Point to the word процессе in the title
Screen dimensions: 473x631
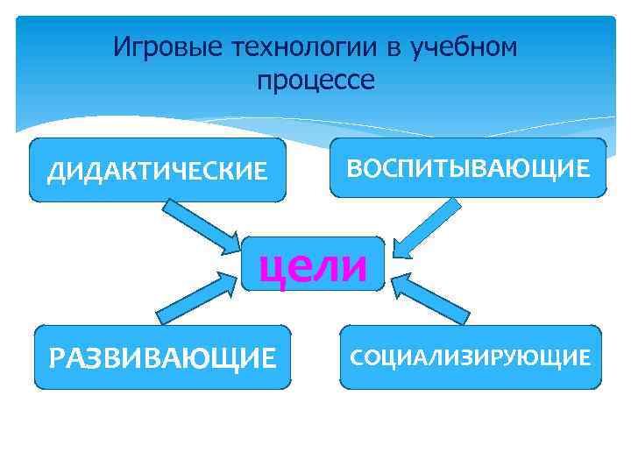pyautogui.click(x=315, y=81)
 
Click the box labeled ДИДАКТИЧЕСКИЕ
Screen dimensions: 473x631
pyautogui.click(x=158, y=170)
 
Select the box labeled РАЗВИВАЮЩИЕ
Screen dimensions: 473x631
pyautogui.click(x=162, y=357)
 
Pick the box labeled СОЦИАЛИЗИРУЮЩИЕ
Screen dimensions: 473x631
pyautogui.click(x=471, y=357)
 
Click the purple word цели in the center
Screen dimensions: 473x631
pyautogui.click(x=314, y=266)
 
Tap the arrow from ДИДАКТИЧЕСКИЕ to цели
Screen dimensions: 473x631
pyautogui.click(x=202, y=223)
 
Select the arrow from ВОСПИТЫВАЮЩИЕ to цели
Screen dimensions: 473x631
pyautogui.click(x=426, y=228)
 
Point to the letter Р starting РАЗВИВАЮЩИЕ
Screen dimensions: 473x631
pyautogui.click(x=59, y=357)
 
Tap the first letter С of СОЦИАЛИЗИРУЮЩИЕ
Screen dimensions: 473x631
pyautogui.click(x=358, y=357)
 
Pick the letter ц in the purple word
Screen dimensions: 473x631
pyautogui.click(x=271, y=268)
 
